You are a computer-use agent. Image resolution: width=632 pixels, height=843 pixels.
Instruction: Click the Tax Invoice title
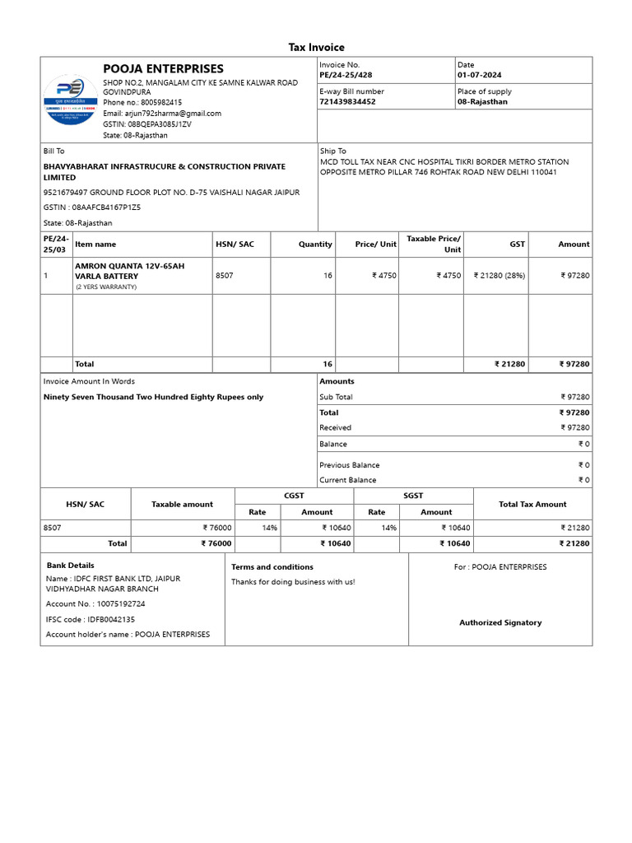pyautogui.click(x=316, y=48)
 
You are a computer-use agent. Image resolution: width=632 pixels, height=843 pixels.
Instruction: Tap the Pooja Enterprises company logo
pyautogui.click(x=70, y=100)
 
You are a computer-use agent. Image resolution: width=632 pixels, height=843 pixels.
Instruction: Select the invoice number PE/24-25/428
pyautogui.click(x=346, y=75)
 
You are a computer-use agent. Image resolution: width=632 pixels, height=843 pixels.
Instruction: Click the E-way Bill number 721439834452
pyautogui.click(x=347, y=102)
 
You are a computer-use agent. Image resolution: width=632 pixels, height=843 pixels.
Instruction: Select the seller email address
pyautogui.click(x=161, y=114)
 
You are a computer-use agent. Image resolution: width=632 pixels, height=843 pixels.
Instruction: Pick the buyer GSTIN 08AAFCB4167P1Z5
pyautogui.click(x=92, y=207)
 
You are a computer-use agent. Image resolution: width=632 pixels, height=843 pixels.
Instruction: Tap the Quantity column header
pyautogui.click(x=315, y=245)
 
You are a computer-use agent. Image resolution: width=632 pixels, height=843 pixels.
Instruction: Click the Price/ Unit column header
pyautogui.click(x=376, y=245)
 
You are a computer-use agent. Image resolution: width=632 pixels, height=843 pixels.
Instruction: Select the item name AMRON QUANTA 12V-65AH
pyautogui.click(x=130, y=266)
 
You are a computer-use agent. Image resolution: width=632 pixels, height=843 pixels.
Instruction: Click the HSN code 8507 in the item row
pyautogui.click(x=225, y=276)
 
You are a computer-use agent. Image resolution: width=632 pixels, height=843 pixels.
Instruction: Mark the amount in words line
pyautogui.click(x=153, y=397)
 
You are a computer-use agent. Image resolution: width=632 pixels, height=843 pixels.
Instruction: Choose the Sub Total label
pyautogui.click(x=336, y=397)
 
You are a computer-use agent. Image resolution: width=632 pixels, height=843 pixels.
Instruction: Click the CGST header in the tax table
pyautogui.click(x=294, y=496)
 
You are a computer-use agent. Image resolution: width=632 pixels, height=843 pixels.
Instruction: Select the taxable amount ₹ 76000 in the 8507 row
pyautogui.click(x=217, y=528)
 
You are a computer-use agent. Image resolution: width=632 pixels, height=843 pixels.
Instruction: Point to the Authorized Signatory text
pyautogui.click(x=500, y=623)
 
